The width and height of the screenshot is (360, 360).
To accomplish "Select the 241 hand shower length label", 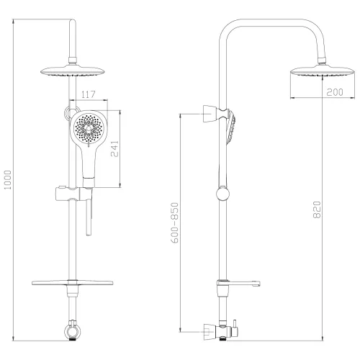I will tap(114, 148).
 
